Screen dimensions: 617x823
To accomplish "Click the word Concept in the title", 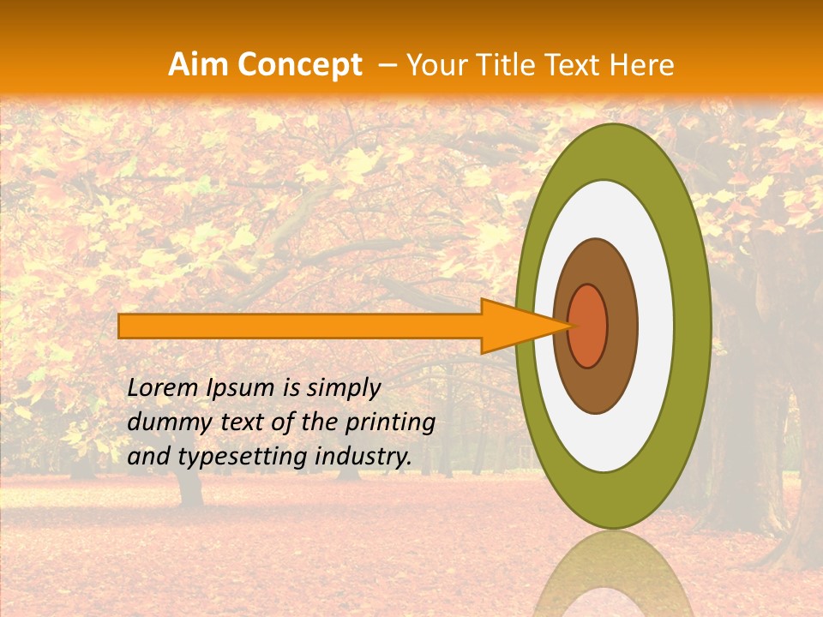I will (298, 65).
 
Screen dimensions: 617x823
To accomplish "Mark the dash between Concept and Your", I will (387, 65).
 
